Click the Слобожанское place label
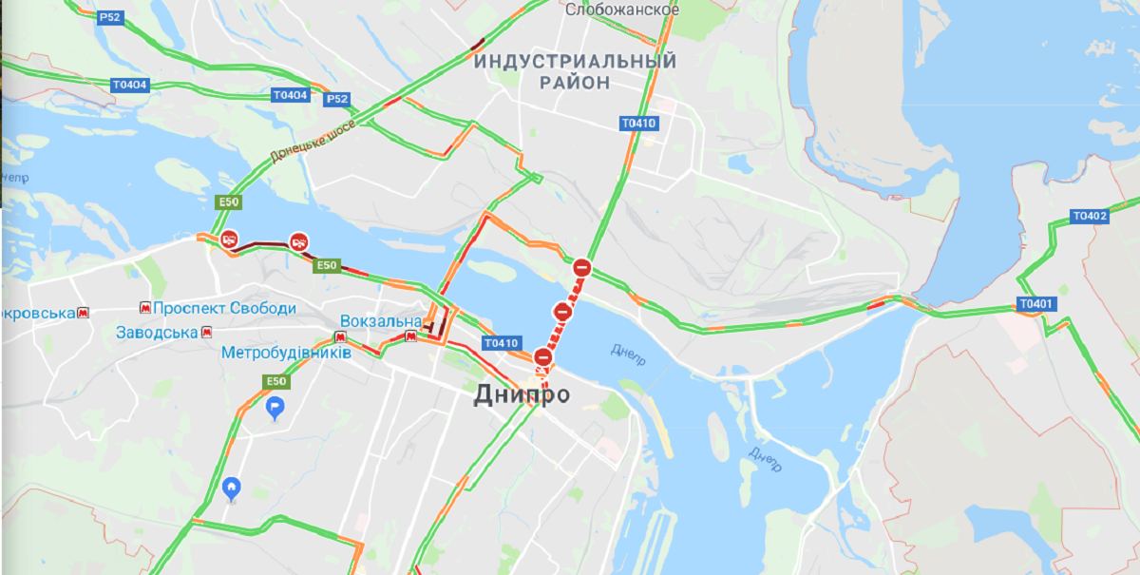[622, 10]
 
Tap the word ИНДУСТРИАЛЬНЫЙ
[576, 62]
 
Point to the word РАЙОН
[575, 83]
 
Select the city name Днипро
[522, 393]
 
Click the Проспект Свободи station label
[224, 309]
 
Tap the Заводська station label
[157, 333]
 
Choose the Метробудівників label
[286, 353]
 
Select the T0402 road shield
[1090, 216]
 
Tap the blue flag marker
[275, 409]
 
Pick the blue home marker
[231, 489]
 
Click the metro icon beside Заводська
[206, 333]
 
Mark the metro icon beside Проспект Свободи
[144, 308]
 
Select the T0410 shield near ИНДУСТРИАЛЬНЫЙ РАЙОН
[638, 123]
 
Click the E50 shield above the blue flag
[275, 381]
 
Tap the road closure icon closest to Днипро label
[542, 357]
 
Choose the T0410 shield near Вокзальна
[501, 343]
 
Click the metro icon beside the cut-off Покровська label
[85, 312]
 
